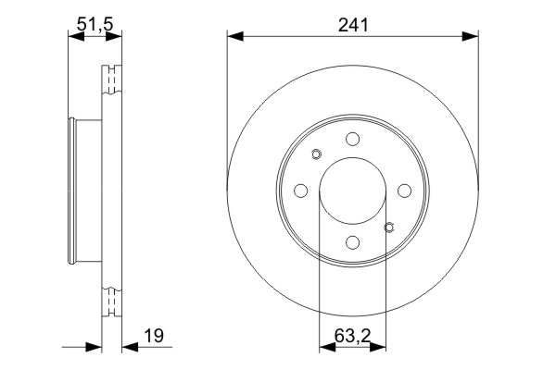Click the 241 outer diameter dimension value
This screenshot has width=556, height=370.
pyautogui.click(x=353, y=26)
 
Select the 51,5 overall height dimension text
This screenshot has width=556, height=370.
pyautogui.click(x=95, y=26)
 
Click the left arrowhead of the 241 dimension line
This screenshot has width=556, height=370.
pyautogui.click(x=234, y=36)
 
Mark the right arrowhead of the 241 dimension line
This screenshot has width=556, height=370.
pyautogui.click(x=472, y=36)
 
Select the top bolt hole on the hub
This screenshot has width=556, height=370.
pyautogui.click(x=352, y=139)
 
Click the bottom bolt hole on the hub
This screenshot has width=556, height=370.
pyautogui.click(x=352, y=242)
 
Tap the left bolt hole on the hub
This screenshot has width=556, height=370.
pyautogui.click(x=300, y=191)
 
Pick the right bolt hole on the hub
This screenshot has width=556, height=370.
pyautogui.click(x=404, y=191)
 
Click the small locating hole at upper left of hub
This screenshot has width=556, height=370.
pyautogui.click(x=315, y=154)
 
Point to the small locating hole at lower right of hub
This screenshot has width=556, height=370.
pyautogui.click(x=389, y=227)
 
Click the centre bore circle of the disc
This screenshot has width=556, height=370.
pyautogui.click(x=352, y=191)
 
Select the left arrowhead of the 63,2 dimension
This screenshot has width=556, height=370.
pyautogui.click(x=325, y=348)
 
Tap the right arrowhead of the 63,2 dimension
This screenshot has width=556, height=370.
pyautogui.click(x=379, y=348)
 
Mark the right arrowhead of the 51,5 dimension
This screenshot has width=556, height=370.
pyautogui.click(x=117, y=36)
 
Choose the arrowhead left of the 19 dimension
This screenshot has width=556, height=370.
pyautogui.click(x=94, y=348)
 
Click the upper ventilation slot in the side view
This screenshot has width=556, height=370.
pyautogui.click(x=112, y=79)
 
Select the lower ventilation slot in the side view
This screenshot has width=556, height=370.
pyautogui.click(x=112, y=302)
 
